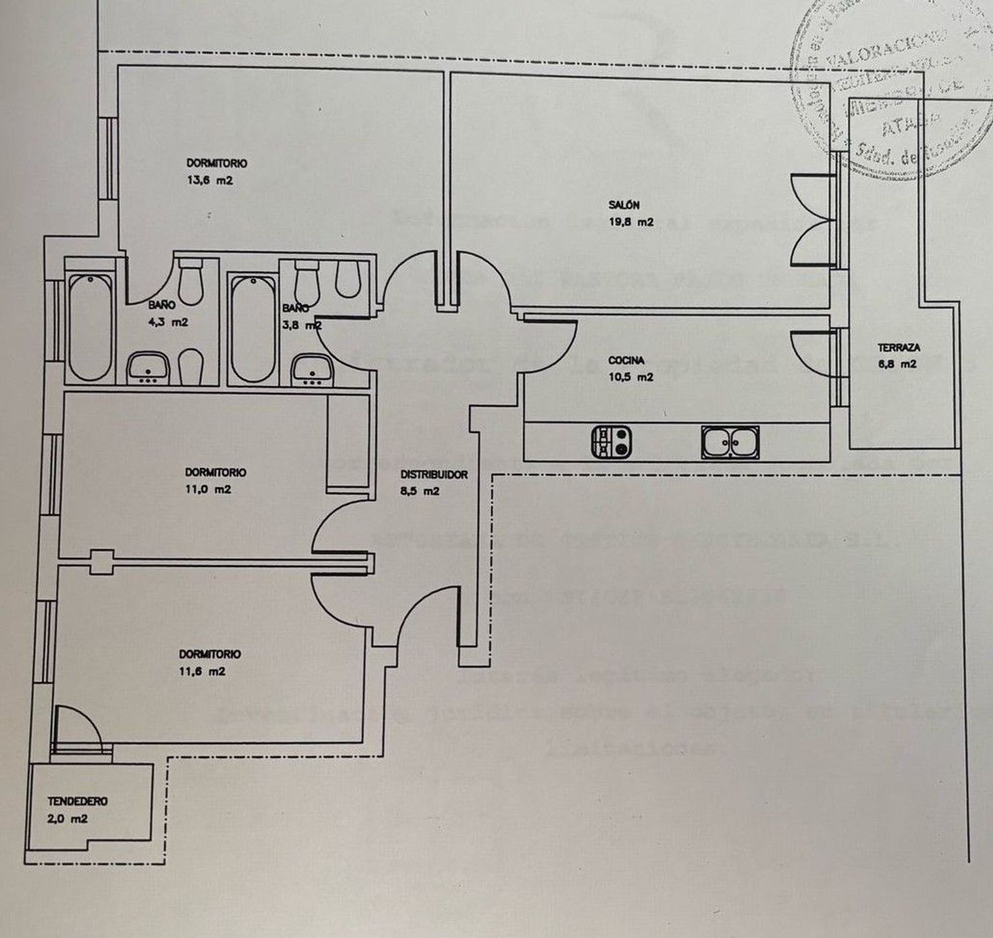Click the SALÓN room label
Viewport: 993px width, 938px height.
[x=624, y=205]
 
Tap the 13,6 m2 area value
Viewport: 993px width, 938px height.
[x=209, y=180]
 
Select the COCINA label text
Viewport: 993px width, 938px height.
[x=626, y=361]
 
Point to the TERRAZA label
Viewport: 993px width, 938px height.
[x=898, y=347]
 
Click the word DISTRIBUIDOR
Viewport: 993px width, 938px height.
[x=434, y=475]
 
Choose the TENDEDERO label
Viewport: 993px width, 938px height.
[x=77, y=801]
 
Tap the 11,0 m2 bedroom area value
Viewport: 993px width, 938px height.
[x=208, y=490]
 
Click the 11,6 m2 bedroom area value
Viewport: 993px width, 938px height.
[x=203, y=671]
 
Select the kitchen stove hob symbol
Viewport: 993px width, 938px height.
[x=611, y=442]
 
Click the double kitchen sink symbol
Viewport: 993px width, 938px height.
[x=730, y=442]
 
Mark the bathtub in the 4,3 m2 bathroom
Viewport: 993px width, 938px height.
[x=91, y=328]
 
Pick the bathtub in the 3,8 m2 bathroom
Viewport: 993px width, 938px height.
[x=252, y=329]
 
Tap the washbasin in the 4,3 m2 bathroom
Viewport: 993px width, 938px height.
[x=149, y=368]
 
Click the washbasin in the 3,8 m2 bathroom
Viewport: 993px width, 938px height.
[x=312, y=369]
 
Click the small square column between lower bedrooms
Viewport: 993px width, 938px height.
[x=101, y=562]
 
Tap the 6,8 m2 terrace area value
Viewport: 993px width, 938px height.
[x=898, y=364]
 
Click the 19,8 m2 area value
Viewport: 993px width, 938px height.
[x=630, y=222]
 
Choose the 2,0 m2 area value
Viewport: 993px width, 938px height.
[x=67, y=819]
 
